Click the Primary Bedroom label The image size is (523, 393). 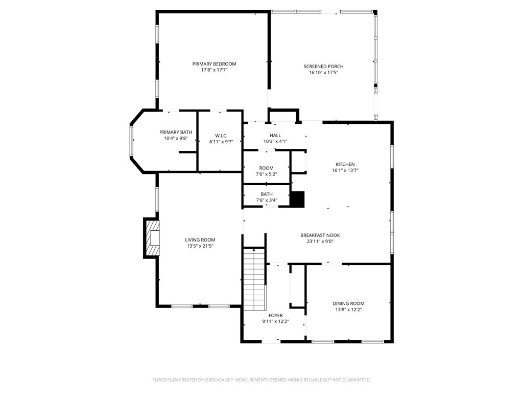point(214,64)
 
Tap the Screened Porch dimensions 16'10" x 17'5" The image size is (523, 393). point(323,72)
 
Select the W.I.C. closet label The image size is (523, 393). point(221,136)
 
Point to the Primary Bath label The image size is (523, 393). point(176,133)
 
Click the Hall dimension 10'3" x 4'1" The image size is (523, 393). point(275,141)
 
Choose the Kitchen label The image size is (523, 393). point(345,164)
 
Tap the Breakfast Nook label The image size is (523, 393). point(320,235)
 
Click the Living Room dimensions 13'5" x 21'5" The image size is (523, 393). point(200,246)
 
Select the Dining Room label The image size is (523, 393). point(348,303)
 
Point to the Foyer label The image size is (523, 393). point(275,315)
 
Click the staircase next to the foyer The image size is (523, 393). point(254,279)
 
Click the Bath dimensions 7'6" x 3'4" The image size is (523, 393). point(267,200)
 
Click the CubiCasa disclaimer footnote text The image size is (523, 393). point(261,380)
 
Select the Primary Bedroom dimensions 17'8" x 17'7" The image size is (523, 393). point(214,70)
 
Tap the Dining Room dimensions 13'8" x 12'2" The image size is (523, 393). point(348,310)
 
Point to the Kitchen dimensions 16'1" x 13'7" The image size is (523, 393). point(345,170)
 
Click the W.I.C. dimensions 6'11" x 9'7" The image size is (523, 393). point(221,142)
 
